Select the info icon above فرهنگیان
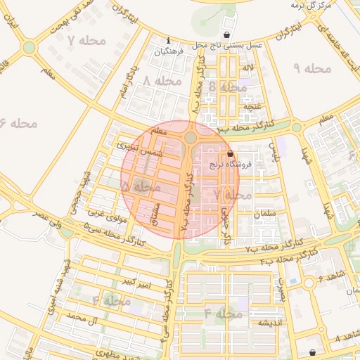pyautogui.click(x=168, y=40)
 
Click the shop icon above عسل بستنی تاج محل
pyautogui.click(x=226, y=34)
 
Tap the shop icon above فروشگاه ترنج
pyautogui.click(x=230, y=154)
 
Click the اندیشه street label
pyautogui.click(x=269, y=323)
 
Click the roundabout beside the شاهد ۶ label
pyautogui.click(x=309, y=283)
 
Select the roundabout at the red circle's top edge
pyautogui.click(x=191, y=136)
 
